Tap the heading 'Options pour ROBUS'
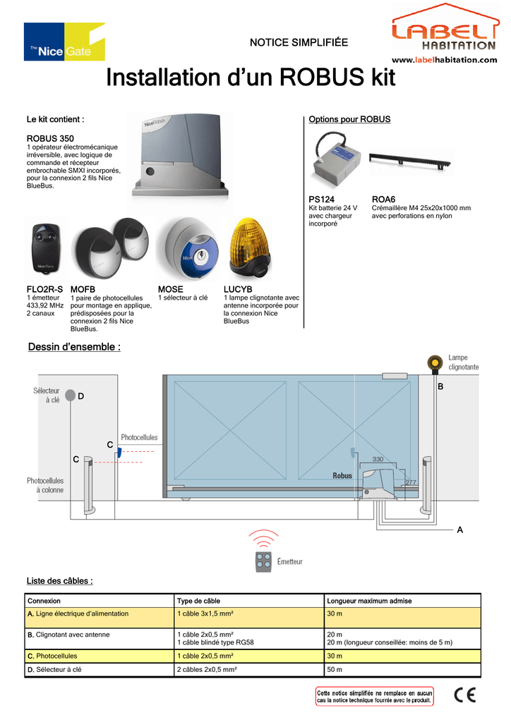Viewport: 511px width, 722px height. [349, 120]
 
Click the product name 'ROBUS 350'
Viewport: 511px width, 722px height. [50, 137]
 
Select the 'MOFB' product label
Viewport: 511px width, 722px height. [83, 290]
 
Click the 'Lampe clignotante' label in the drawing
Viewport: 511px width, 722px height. [463, 362]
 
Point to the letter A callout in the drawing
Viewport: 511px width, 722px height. [460, 530]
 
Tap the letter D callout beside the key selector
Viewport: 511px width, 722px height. [81, 397]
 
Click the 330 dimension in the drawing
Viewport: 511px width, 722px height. [378, 459]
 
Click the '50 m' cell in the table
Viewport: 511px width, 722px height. [335, 669]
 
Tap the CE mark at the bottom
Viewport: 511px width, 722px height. [464, 695]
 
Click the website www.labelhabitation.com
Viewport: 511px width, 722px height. [445, 60]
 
